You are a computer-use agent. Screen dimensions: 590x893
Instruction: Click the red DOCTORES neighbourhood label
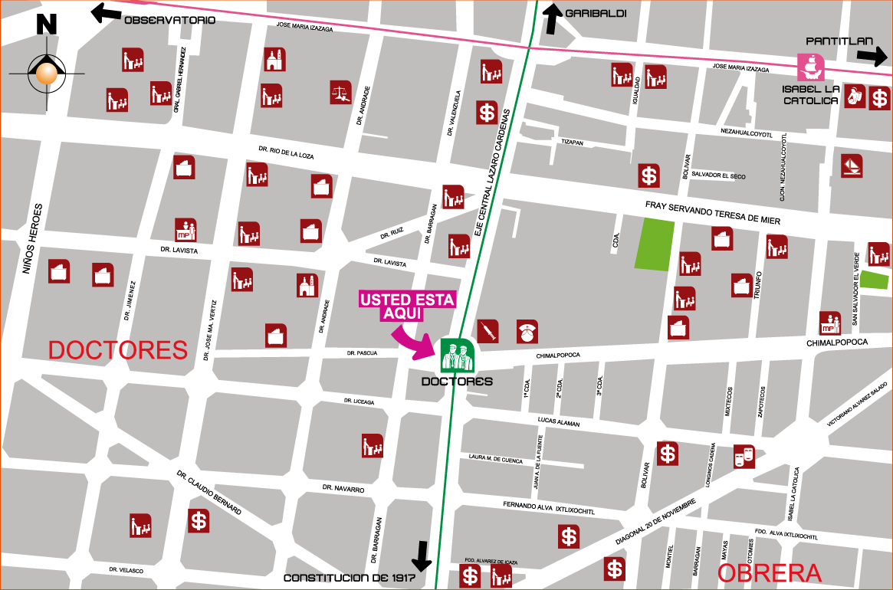coord(117,350)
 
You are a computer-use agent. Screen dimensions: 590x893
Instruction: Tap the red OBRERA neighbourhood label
coord(769,573)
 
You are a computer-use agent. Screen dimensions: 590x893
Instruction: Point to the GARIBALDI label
coord(596,13)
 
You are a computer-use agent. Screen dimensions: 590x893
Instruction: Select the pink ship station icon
coord(810,67)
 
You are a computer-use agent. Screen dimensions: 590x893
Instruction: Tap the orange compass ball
coord(47,74)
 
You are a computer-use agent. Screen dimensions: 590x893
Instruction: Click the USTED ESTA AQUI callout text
coord(407,305)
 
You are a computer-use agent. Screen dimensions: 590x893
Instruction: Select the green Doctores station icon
coord(457,356)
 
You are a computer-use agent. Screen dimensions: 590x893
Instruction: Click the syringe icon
coord(488,331)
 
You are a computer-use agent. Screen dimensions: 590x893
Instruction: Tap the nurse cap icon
coord(527,332)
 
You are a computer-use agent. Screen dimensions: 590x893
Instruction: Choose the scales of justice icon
coord(341,93)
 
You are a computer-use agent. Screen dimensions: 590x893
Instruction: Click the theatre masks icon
coord(744,457)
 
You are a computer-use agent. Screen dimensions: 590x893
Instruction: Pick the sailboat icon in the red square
coord(852,166)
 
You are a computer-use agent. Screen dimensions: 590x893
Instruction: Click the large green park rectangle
coord(655,244)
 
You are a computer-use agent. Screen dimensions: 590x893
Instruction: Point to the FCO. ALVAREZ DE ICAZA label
coord(491,562)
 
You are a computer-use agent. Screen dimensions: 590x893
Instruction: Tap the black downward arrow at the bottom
coord(422,556)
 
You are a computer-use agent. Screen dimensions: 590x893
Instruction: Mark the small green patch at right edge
coord(874,280)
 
